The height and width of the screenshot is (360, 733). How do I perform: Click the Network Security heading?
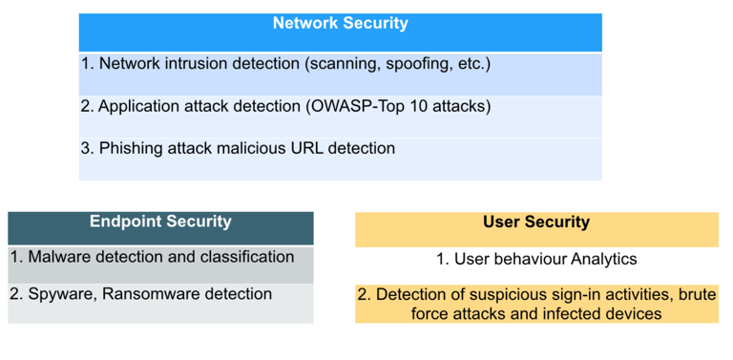coord(341,23)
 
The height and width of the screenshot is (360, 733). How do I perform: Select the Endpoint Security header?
coord(160,222)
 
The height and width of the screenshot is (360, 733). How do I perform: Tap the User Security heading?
coord(536,222)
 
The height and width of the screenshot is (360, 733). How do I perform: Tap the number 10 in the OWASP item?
coord(397,107)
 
